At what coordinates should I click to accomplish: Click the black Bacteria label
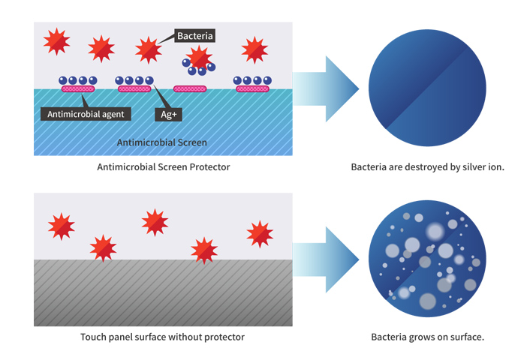click(195, 35)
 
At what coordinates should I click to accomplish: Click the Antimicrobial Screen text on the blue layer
click(162, 142)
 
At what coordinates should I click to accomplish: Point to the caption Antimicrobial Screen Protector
click(163, 166)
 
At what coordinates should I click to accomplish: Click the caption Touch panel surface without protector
click(162, 337)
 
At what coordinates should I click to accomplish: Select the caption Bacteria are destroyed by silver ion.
click(427, 166)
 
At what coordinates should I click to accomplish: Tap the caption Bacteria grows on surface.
click(427, 337)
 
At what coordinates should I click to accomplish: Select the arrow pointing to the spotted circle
click(326, 260)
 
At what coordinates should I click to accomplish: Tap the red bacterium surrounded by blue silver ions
click(199, 57)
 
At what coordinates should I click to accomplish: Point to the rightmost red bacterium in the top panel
click(254, 49)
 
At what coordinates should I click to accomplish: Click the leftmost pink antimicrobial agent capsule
click(77, 88)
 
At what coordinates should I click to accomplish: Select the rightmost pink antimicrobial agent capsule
click(252, 88)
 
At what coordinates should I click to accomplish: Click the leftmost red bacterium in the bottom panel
click(61, 226)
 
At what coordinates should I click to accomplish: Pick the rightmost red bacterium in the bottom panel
click(259, 234)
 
